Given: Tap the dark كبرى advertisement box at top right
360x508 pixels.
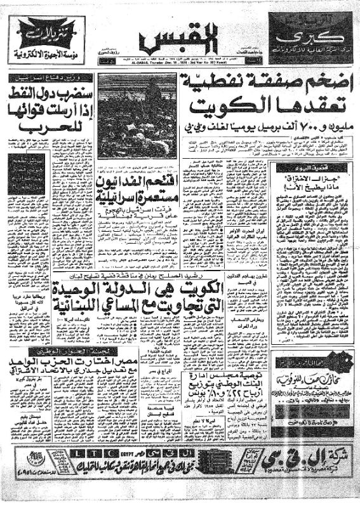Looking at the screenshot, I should pyautogui.click(x=307, y=38).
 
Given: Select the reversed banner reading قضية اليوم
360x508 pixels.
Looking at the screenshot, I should pyautogui.click(x=309, y=169).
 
